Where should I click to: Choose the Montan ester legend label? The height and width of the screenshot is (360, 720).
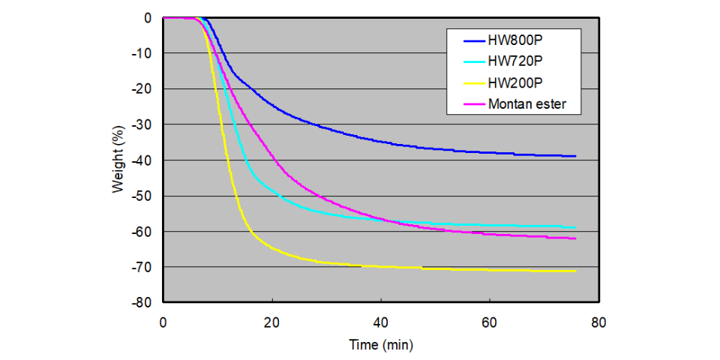point(534,104)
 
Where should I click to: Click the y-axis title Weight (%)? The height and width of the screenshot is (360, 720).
point(118,160)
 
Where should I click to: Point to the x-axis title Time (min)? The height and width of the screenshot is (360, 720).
point(380,345)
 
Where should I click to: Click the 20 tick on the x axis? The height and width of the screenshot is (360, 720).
point(272,322)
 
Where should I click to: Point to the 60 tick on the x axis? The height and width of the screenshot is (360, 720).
point(490,322)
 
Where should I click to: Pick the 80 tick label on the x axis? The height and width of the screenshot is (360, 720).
point(598,322)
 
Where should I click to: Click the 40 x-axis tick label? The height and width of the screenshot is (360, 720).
point(381,322)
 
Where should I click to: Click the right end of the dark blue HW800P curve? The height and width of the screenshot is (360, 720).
point(575,156)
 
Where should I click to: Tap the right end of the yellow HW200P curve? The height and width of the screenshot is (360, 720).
point(575,271)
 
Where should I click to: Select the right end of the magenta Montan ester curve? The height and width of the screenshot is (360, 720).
point(575,238)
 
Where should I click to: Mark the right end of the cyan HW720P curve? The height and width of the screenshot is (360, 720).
point(575,227)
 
